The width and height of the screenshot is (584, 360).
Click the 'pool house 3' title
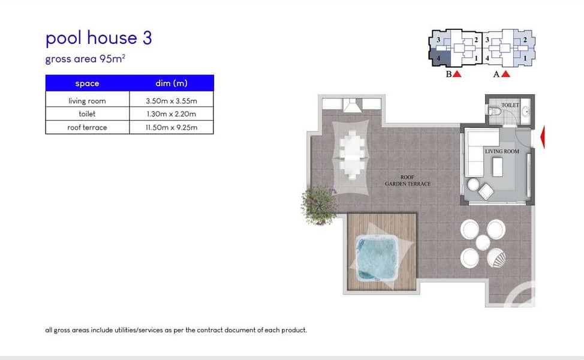pyautogui.click(x=99, y=38)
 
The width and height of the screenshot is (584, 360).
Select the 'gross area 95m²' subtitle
pyautogui.click(x=85, y=59)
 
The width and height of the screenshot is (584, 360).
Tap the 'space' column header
pyautogui.click(x=87, y=83)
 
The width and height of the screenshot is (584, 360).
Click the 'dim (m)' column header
pyautogui.click(x=171, y=83)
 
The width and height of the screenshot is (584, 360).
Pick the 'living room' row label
pyautogui.click(x=87, y=101)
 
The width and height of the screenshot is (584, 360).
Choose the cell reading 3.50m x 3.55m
pyautogui.click(x=171, y=101)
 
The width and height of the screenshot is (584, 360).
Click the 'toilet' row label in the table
pyautogui.click(x=87, y=113)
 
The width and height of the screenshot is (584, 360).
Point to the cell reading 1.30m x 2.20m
pyautogui.click(x=171, y=114)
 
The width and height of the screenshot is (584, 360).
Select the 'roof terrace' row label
pyautogui.click(x=87, y=127)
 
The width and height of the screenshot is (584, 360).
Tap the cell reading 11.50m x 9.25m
pyautogui.click(x=171, y=127)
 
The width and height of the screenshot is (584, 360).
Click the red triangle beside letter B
pyautogui.click(x=457, y=74)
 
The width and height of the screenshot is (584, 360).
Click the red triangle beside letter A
pyautogui.click(x=505, y=74)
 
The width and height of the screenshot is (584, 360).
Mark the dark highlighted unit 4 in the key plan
pyautogui.click(x=440, y=58)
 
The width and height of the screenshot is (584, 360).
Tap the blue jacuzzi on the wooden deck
pyautogui.click(x=377, y=257)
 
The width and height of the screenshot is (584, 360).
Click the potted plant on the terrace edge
pyautogui.click(x=318, y=205)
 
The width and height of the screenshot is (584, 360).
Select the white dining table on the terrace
pyautogui.click(x=352, y=153)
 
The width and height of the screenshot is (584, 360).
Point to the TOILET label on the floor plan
pyautogui.click(x=510, y=106)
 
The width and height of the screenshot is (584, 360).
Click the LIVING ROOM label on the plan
pyautogui.click(x=502, y=151)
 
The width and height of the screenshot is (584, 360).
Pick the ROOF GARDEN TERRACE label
pyautogui.click(x=408, y=181)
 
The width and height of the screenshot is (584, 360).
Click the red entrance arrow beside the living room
pyautogui.click(x=543, y=137)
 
